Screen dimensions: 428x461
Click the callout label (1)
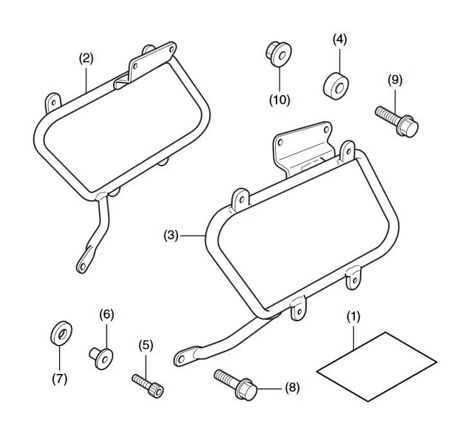pyautogui.click(x=352, y=316)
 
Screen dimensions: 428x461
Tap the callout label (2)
pyautogui.click(x=86, y=58)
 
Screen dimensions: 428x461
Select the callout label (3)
pyautogui.click(x=171, y=235)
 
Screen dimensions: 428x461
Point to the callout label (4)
pyautogui.click(x=339, y=39)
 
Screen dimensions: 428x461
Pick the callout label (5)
pyautogui.click(x=146, y=346)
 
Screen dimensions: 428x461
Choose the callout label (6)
pyautogui.click(x=106, y=314)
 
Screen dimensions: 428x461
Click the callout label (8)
pyautogui.click(x=292, y=388)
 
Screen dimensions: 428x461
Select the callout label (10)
pyautogui.click(x=279, y=99)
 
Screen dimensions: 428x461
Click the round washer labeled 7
pyautogui.click(x=60, y=334)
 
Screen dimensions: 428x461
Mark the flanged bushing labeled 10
pyautogui.click(x=275, y=53)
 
